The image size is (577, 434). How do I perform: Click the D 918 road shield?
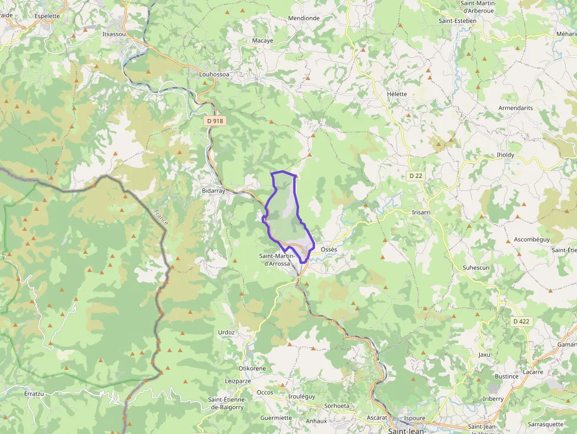pyautogui.click(x=215, y=121)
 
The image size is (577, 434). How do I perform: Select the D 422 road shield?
pyautogui.click(x=522, y=322)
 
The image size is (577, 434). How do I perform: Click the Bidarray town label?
pyautogui.click(x=213, y=191)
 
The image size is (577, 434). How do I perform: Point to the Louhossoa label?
pyautogui.click(x=214, y=75)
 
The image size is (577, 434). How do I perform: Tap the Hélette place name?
pyautogui.click(x=397, y=94)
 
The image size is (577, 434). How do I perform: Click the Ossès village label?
pyautogui.click(x=329, y=250)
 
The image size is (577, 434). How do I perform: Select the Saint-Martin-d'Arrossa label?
pyautogui.click(x=275, y=260)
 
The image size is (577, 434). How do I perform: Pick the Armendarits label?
pyautogui.click(x=515, y=108)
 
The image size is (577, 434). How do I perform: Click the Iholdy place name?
pyautogui.click(x=505, y=155)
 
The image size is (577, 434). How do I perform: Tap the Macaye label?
pyautogui.click(x=263, y=41)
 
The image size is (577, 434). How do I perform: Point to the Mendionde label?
pyautogui.click(x=304, y=18)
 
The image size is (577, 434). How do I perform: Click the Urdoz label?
pyautogui.click(x=227, y=332)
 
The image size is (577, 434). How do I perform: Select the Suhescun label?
pyautogui.click(x=476, y=267)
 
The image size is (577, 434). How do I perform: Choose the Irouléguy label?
pyautogui.click(x=302, y=396)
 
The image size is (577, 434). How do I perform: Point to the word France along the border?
pyautogui.click(x=160, y=218)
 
